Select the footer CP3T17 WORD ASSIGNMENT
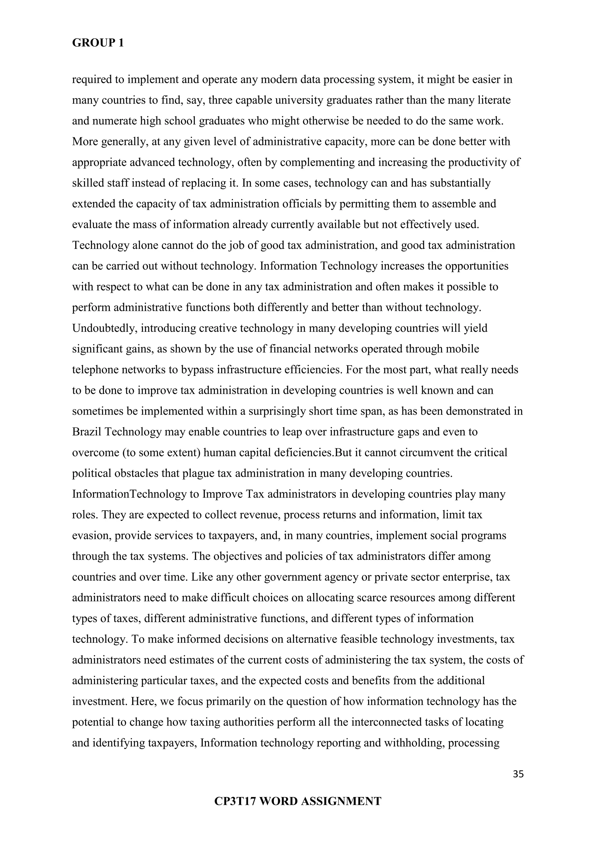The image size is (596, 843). (x=298, y=801)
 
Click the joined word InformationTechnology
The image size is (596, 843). (x=129, y=494)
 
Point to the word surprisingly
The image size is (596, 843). (x=277, y=411)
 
